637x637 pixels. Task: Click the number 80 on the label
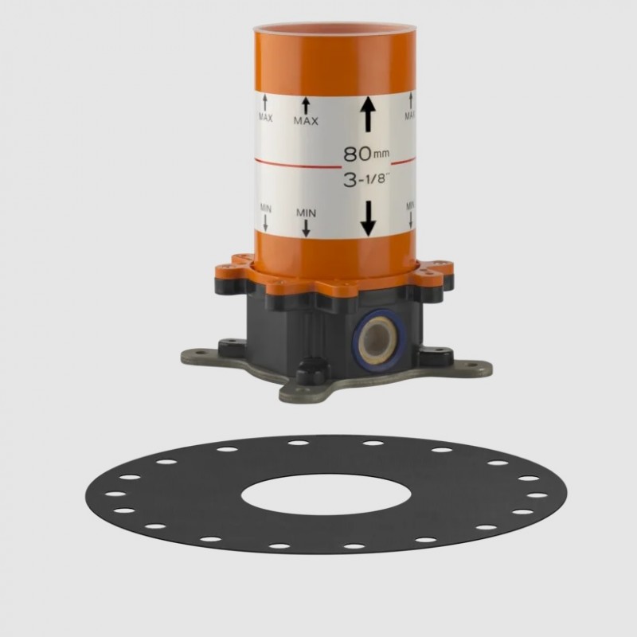pyautogui.click(x=358, y=154)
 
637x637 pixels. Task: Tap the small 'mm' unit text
pyautogui.click(x=381, y=154)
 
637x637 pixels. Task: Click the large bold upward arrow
pyautogui.click(x=368, y=114)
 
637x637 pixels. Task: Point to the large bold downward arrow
pyautogui.click(x=368, y=218)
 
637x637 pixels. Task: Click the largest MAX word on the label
pyautogui.click(x=306, y=121)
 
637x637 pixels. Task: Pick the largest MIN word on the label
pyautogui.click(x=306, y=213)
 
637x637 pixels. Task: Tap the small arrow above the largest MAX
pyautogui.click(x=306, y=106)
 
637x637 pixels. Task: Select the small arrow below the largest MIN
pyautogui.click(x=306, y=228)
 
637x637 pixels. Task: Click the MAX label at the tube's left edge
pyautogui.click(x=266, y=118)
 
